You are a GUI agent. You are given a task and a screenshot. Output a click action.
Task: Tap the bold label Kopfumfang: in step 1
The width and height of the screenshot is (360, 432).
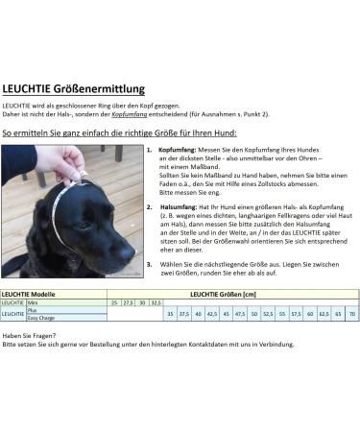pyautogui.click(x=176, y=151)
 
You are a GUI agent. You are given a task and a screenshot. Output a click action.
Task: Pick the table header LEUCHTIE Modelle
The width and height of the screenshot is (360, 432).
pyautogui.click(x=29, y=294)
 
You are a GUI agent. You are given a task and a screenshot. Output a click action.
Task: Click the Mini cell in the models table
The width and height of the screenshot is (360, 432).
pyautogui.click(x=33, y=302)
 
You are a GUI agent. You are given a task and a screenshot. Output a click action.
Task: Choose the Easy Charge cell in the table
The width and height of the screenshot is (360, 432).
pyautogui.click(x=40, y=318)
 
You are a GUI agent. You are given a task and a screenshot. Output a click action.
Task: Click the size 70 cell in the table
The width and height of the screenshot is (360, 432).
pyautogui.click(x=352, y=314)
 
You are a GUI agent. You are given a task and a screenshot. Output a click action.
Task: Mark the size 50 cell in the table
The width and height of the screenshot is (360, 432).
pyautogui.click(x=253, y=314)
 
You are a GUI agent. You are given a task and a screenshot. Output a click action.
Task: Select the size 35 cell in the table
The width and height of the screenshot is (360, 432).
pyautogui.click(x=170, y=314)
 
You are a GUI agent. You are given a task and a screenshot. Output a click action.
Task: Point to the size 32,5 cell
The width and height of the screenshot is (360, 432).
pyautogui.click(x=156, y=302)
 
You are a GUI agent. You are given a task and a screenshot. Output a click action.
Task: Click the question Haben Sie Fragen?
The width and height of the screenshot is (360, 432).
pyautogui.click(x=27, y=334)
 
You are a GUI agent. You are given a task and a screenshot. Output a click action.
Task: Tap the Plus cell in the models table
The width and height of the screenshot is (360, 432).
pyautogui.click(x=33, y=310)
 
